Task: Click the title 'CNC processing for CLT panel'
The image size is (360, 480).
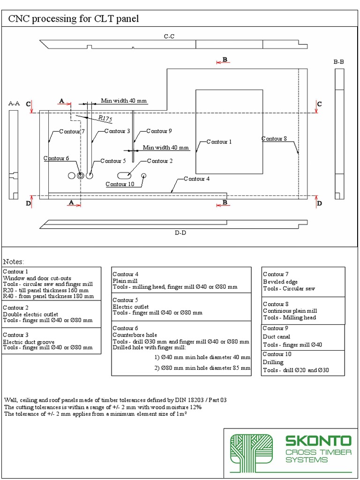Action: tap(73, 19)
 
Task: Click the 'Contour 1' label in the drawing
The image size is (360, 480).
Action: tap(219, 142)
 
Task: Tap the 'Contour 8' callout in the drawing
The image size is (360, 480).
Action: tap(274, 139)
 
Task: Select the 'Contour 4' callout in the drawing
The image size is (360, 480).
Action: tap(196, 179)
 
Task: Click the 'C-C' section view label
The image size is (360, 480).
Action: tap(169, 36)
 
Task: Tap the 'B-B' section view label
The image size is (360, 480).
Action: tap(339, 61)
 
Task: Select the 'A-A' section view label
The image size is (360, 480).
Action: tap(14, 103)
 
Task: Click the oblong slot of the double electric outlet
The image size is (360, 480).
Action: tap(124, 175)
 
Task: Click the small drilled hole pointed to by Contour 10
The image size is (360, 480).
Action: tap(144, 175)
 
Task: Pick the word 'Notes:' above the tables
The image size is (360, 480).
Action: tap(14, 262)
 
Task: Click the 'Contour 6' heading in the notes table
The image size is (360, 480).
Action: tap(125, 328)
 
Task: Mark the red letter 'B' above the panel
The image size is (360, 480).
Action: tap(225, 60)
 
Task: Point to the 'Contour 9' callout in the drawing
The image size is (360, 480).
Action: tap(159, 131)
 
